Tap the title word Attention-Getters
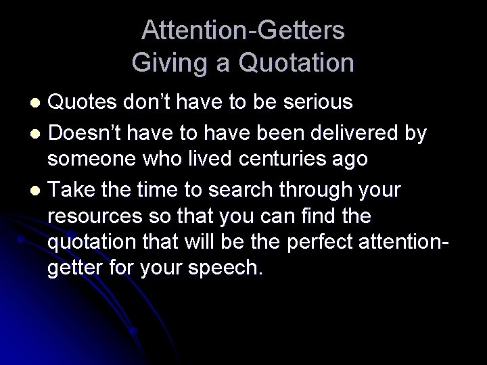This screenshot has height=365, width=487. click(243, 30)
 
